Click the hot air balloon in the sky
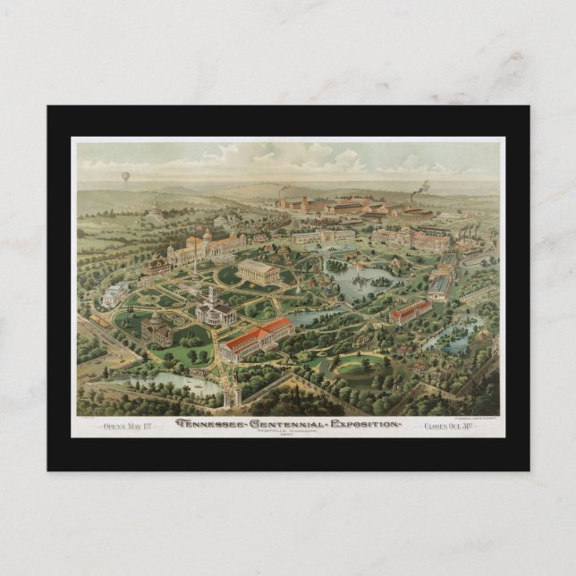(x=125, y=176)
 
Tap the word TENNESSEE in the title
(x=214, y=423)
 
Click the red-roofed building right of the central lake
(x=411, y=311)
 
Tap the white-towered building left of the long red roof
(x=216, y=309)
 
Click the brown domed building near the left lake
(x=157, y=328)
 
